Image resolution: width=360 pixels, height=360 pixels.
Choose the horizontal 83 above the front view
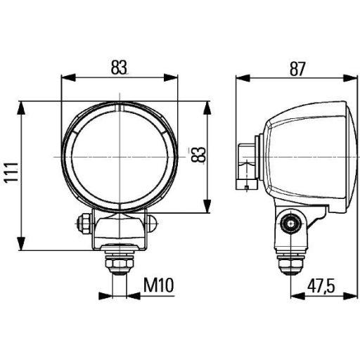(120, 67)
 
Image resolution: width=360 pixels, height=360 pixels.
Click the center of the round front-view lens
(120, 155)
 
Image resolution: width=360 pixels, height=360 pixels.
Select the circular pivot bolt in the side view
(288, 224)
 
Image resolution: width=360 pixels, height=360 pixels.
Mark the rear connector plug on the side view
(246, 165)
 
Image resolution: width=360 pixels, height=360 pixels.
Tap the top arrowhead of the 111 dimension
(23, 106)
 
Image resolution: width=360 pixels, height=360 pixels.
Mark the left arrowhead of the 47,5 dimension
(295, 295)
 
